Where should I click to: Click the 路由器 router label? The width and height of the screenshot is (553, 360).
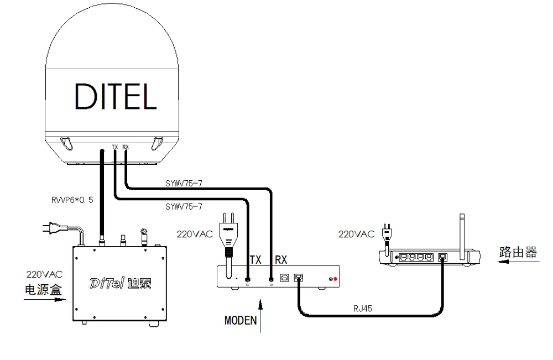pos(517,253)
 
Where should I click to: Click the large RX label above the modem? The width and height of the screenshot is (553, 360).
pos(280,259)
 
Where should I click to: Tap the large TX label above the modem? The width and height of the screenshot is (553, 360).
pos(255,259)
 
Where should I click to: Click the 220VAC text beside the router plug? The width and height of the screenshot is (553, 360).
pos(356,234)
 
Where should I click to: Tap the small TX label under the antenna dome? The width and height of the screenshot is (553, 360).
pos(115,147)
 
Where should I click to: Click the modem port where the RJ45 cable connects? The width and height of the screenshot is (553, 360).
pos(299,278)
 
